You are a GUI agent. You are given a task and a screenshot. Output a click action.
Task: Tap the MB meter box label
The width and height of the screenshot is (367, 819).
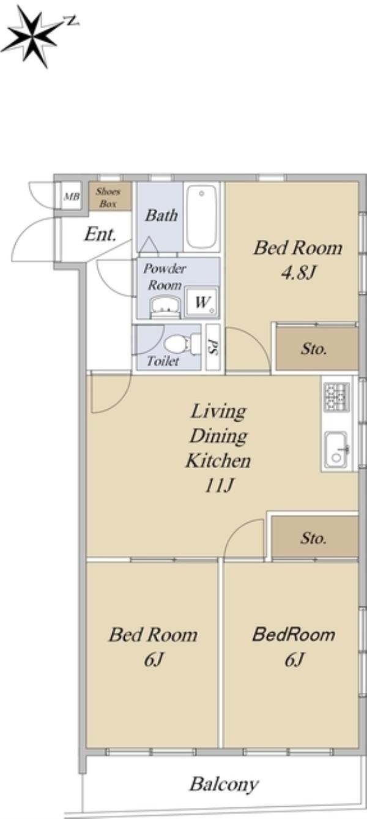click(x=72, y=196)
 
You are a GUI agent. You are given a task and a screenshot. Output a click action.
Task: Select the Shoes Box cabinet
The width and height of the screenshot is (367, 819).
click(x=110, y=196)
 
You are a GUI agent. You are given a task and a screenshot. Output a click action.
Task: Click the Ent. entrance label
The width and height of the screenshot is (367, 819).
click(x=100, y=234)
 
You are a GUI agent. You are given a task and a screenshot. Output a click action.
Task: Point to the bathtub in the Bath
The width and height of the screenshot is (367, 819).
click(x=201, y=217)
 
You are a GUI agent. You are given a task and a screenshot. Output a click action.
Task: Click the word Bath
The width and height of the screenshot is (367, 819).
click(x=161, y=215)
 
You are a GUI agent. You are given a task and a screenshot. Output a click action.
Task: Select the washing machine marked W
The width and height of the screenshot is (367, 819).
click(x=202, y=302)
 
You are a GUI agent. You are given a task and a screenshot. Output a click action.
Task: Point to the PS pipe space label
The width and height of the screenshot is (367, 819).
click(x=212, y=346)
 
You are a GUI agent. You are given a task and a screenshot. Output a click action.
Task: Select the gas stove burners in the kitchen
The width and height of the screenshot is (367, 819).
click(x=336, y=397)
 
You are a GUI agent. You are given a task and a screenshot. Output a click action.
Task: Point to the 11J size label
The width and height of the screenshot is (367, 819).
click(x=219, y=485)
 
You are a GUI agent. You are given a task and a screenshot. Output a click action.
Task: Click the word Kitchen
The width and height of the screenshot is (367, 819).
click(x=218, y=460)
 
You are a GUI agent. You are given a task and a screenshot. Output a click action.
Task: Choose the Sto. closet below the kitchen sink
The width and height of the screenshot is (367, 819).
click(x=315, y=537)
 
